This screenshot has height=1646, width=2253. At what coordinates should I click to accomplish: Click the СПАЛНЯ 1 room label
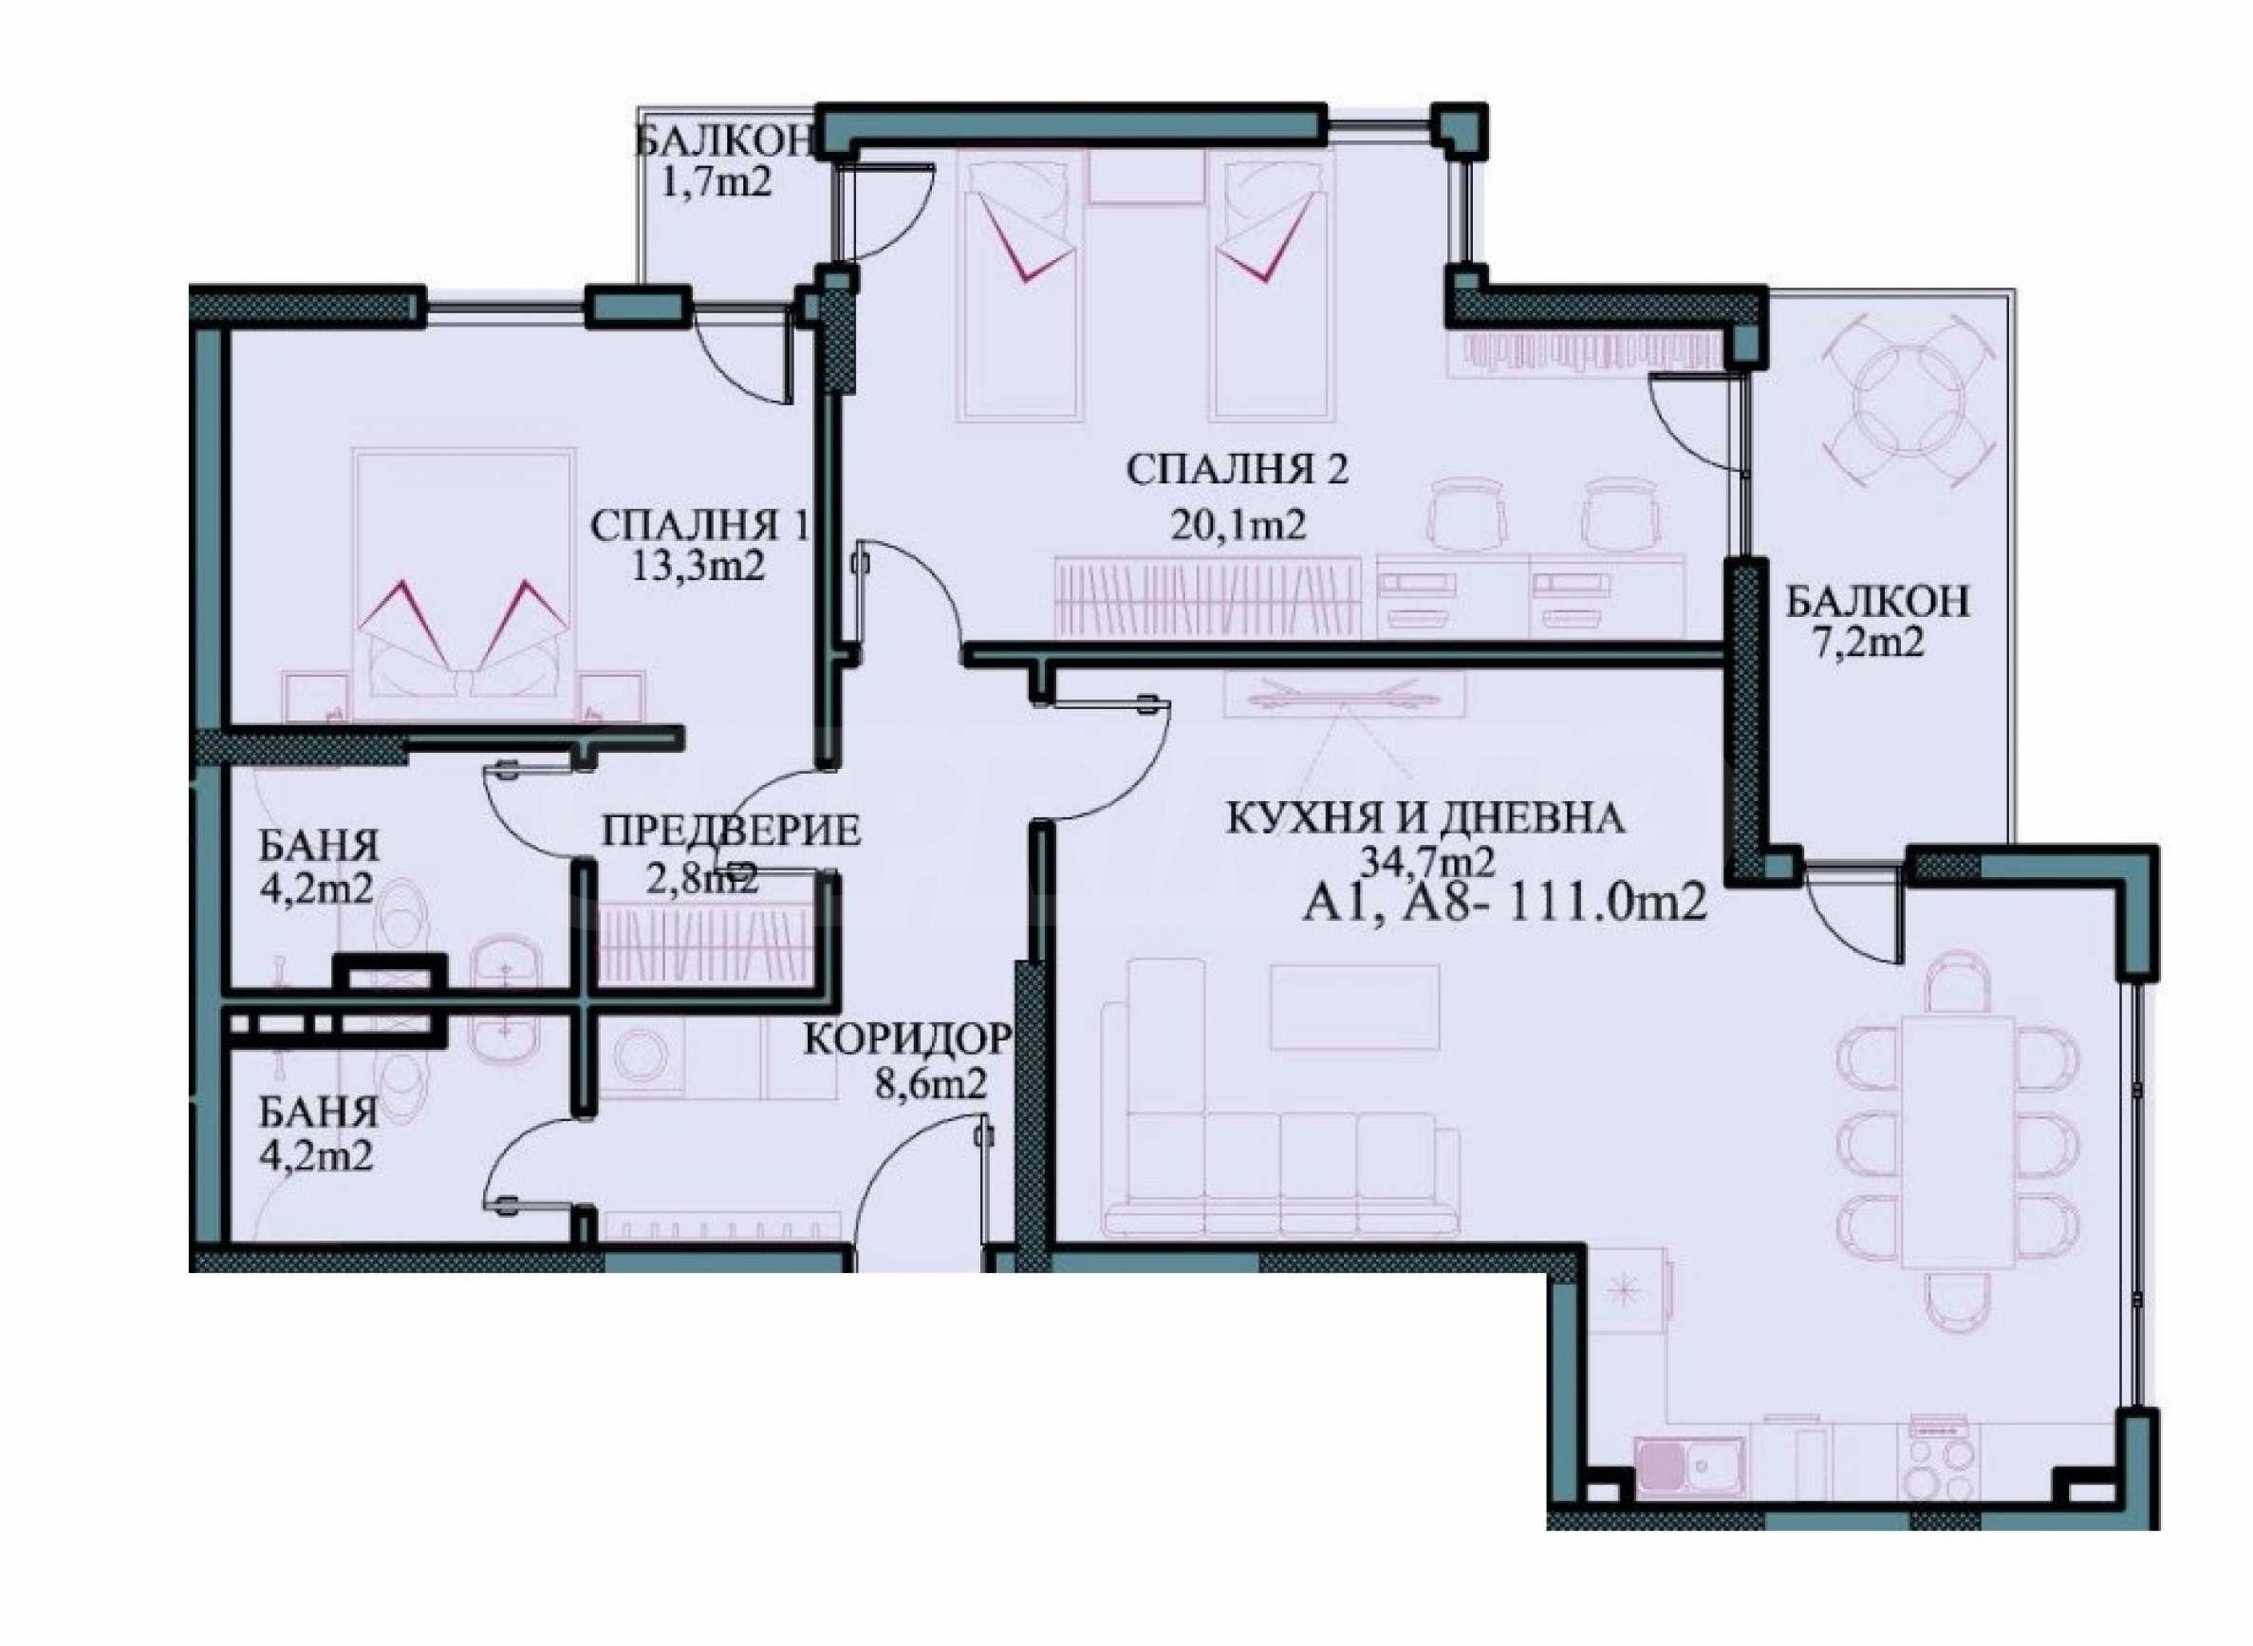(700, 525)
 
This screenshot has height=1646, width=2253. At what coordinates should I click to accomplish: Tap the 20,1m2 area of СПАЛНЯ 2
(1237, 524)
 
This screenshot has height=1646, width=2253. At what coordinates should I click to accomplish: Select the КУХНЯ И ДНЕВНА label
(1425, 819)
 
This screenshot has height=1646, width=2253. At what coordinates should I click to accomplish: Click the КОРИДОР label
(907, 1039)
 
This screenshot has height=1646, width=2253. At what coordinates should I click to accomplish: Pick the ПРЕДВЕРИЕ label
(731, 830)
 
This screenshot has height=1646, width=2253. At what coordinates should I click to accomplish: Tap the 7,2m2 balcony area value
(1868, 643)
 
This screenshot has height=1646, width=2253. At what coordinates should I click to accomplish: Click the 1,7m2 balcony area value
(717, 183)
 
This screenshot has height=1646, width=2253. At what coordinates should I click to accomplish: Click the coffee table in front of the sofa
(1353, 1006)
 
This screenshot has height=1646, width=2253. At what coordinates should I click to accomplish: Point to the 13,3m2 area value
(698, 567)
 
